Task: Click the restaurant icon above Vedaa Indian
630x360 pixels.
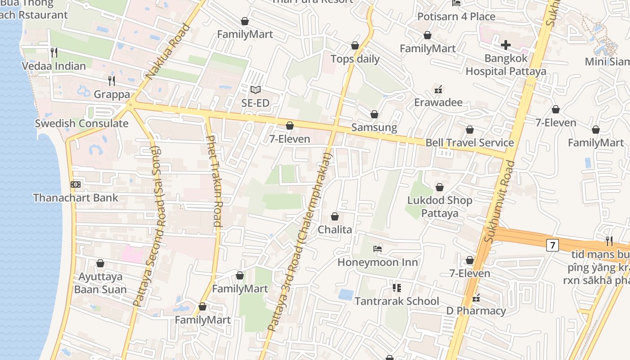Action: (x=54, y=53)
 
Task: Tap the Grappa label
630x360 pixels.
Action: (x=112, y=94)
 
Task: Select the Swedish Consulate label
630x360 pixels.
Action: (x=81, y=123)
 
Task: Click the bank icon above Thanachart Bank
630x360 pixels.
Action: (x=76, y=184)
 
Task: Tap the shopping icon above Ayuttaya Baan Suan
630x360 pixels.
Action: (x=100, y=263)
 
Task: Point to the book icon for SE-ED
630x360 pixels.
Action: (x=255, y=90)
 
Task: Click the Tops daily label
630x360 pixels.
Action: (x=355, y=59)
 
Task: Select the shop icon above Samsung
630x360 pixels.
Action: (x=374, y=115)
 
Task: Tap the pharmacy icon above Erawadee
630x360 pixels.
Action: (x=438, y=90)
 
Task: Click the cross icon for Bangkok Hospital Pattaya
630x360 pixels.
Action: (x=506, y=45)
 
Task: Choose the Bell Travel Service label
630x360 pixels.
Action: (x=469, y=143)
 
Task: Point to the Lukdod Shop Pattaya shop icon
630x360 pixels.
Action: (x=440, y=187)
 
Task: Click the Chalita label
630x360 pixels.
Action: (x=335, y=229)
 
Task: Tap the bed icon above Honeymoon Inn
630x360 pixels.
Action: (x=378, y=249)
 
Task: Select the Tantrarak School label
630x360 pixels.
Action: (x=396, y=301)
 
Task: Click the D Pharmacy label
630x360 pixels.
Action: (x=476, y=311)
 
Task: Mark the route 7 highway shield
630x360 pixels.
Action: (x=553, y=245)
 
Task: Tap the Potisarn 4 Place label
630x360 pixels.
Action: (x=456, y=17)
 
